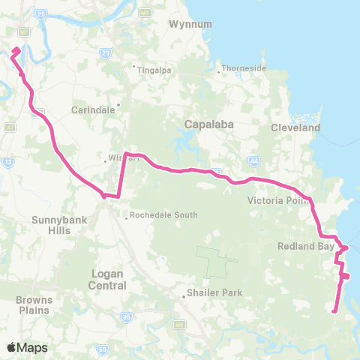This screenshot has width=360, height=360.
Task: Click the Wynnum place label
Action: (167, 23)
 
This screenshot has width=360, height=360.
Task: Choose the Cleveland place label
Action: (295, 127)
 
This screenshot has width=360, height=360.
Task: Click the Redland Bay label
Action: (299, 245)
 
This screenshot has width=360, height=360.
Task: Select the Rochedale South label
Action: (163, 214)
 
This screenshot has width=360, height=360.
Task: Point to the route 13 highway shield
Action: (8, 161)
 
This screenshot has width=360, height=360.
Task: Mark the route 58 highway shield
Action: (101, 349)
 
